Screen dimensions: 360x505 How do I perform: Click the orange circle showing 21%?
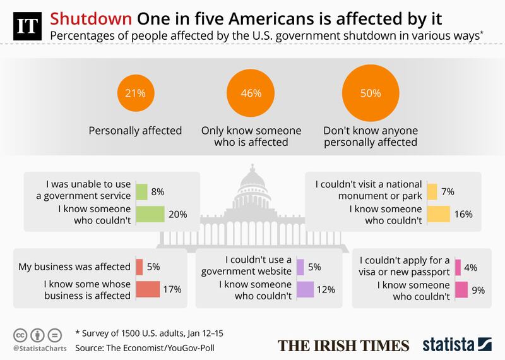coord(136,93)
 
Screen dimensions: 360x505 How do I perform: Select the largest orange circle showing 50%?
coord(371,93)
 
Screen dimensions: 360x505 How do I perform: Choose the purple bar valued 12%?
coord(305,289)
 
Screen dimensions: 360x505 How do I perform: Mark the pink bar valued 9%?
coord(461,289)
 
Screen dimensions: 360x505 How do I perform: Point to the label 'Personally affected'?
coord(136,131)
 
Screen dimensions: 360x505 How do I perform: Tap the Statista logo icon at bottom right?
coord(485,344)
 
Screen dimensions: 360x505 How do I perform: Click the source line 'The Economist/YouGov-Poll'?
coord(163,349)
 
